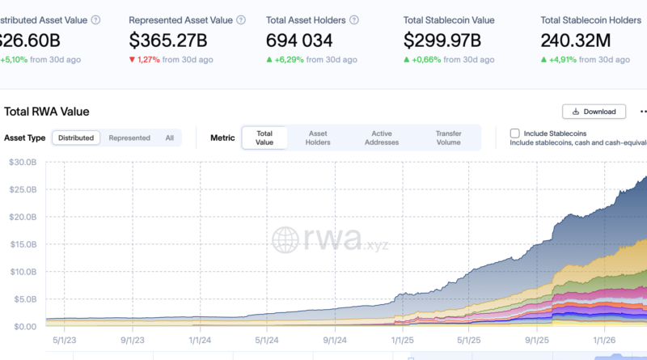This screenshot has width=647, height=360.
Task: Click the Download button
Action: tap(594, 112)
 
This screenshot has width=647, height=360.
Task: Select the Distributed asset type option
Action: tap(76, 138)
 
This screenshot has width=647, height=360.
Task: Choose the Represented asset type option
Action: tap(129, 138)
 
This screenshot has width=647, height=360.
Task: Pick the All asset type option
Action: tap(170, 138)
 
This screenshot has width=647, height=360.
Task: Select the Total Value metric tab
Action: tap(264, 138)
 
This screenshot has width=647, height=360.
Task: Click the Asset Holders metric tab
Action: tap(319, 138)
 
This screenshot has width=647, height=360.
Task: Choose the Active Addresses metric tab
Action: tap(382, 138)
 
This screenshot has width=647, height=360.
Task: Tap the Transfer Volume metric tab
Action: tap(448, 138)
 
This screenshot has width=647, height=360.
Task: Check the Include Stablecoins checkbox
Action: tap(514, 133)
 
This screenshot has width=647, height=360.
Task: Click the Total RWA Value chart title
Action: tap(47, 112)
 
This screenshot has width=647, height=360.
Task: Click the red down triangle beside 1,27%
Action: tap(133, 58)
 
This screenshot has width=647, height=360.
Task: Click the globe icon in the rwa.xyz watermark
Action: tap(286, 239)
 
